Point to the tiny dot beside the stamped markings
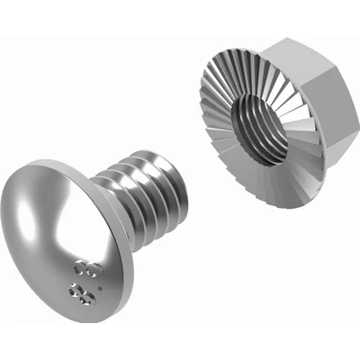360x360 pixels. pos(97,290)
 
